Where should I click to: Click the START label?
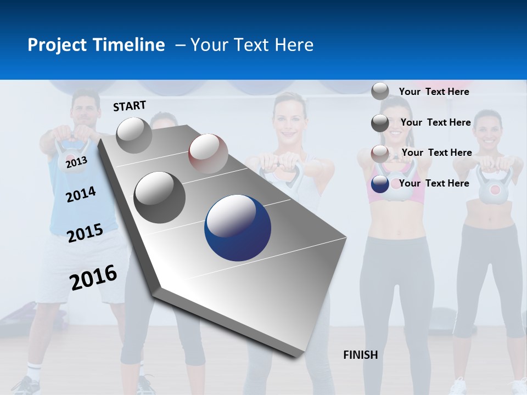pos(130,106)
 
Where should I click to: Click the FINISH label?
pos(360,355)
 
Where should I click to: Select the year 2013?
pos(76,161)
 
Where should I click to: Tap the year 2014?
pos(81,194)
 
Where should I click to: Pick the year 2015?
pos(85,233)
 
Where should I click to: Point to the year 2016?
pos(93,278)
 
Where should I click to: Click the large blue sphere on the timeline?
pos(238,228)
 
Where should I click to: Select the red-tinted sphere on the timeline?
pos(208,154)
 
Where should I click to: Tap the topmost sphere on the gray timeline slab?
pos(134,135)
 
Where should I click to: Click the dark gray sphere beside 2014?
pos(160,197)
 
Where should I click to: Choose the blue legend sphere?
pos(380,184)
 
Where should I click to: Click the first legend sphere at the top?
pos(380,91)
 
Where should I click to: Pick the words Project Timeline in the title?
pos(96,45)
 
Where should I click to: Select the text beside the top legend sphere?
pos(434,92)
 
